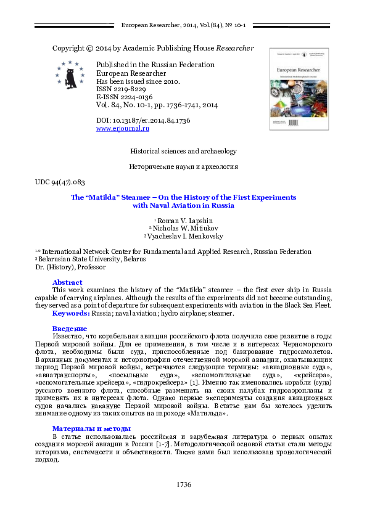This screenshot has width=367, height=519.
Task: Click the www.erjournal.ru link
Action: (123, 128)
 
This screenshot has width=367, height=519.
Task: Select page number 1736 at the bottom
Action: (183, 484)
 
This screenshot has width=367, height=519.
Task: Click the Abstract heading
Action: (67, 281)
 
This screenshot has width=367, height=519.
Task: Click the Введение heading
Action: (69, 329)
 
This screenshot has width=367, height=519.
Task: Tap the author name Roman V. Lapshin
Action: (185, 220)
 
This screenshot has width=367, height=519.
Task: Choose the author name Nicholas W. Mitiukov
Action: (185, 228)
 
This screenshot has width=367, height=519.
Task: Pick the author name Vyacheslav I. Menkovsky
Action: (185, 236)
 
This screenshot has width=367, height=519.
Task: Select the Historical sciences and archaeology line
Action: (183, 151)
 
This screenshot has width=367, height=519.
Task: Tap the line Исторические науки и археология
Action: (183, 166)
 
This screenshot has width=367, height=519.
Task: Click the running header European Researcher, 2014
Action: (183, 25)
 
